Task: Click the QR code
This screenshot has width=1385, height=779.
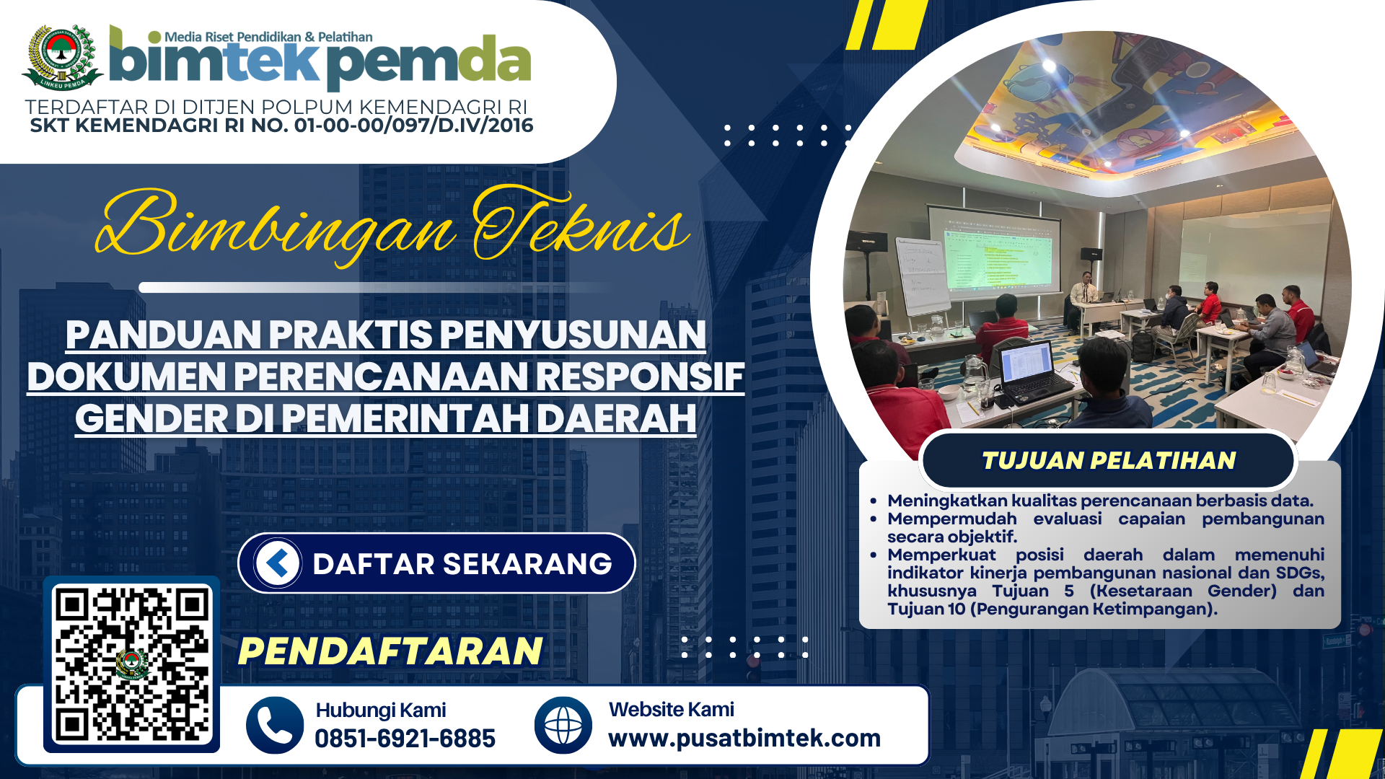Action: pyautogui.click(x=132, y=665)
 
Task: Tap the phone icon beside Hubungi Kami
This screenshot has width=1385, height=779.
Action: pyautogui.click(x=275, y=725)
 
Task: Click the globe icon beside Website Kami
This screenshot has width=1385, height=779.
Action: pyautogui.click(x=563, y=725)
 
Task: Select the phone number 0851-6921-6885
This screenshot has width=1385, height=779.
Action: pyautogui.click(x=405, y=739)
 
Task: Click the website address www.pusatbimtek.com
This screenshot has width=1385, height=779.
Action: pyautogui.click(x=744, y=739)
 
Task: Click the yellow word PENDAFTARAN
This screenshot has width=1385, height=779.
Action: pyautogui.click(x=390, y=651)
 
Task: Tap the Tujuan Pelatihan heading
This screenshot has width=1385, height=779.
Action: pyautogui.click(x=1109, y=460)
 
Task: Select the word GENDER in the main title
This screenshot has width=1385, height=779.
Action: pyautogui.click(x=151, y=418)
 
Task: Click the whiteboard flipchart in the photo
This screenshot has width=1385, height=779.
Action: pyautogui.click(x=922, y=276)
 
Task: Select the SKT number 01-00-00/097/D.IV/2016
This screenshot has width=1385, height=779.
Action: pyautogui.click(x=414, y=126)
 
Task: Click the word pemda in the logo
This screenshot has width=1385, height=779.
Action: pyautogui.click(x=429, y=63)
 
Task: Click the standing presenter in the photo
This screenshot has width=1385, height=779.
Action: pyautogui.click(x=1083, y=297)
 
